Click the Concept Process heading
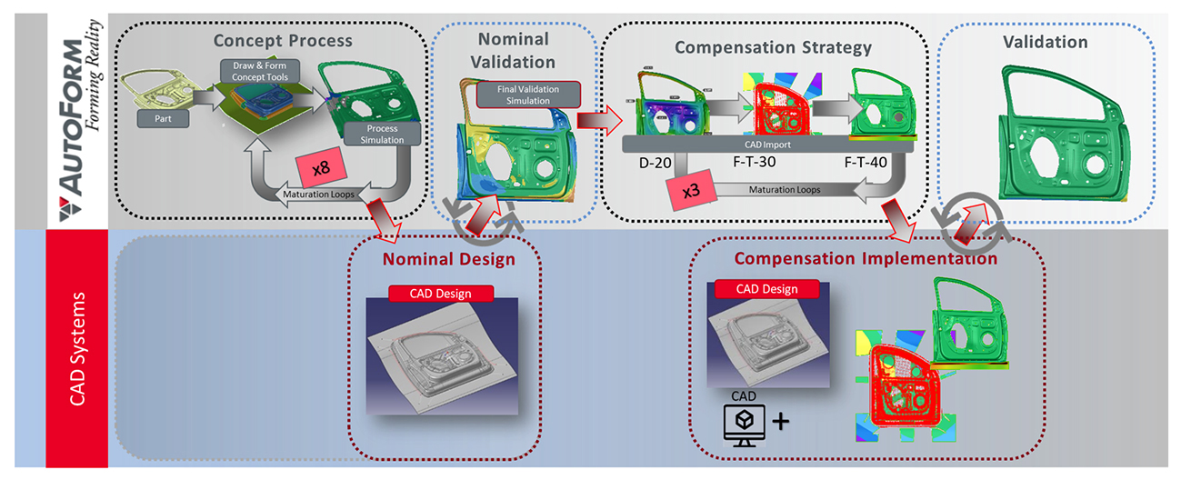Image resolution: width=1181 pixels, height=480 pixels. (x=282, y=41)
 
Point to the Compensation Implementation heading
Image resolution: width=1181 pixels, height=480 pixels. (x=865, y=259)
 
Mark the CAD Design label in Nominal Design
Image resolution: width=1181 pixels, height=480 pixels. (x=441, y=293)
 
